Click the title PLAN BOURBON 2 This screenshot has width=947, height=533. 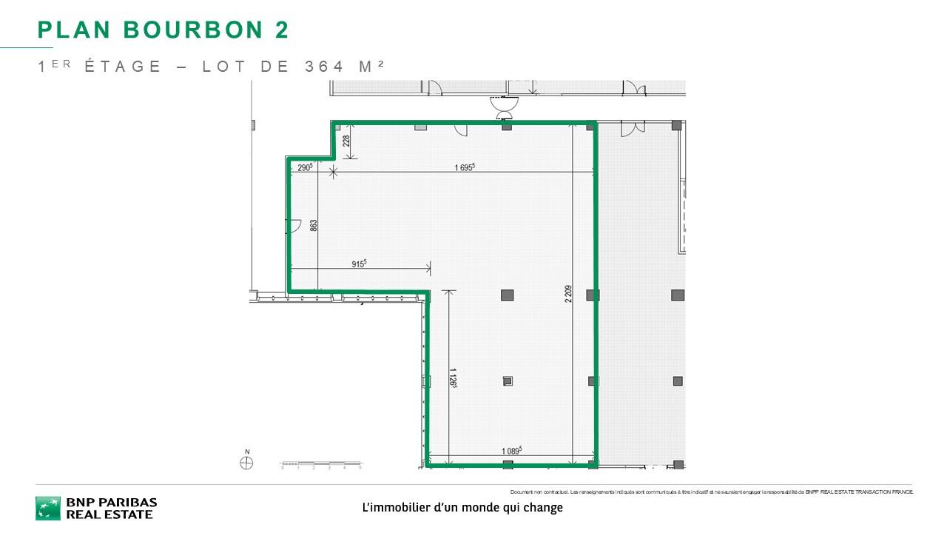coord(163,30)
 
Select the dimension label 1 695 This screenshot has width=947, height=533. coord(464,167)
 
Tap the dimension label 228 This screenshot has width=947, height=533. coord(346,141)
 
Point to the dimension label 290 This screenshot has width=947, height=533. coord(305,167)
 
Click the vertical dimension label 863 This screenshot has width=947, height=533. coord(313,226)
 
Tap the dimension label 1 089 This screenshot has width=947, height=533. coord(511,450)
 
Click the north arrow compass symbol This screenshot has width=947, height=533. coord(247,462)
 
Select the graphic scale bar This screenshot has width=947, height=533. coord(321,464)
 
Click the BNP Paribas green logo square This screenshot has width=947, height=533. coord(48,508)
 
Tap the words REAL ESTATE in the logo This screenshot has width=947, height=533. coord(109,514)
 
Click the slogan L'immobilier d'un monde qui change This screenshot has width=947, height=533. coord(462,508)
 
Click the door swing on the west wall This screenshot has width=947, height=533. coord(294,226)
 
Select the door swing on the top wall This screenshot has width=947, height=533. coord(461,130)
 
